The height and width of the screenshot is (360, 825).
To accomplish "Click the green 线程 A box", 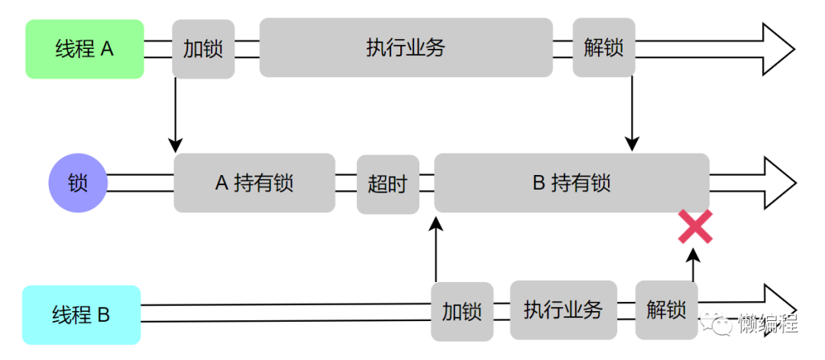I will (85, 50).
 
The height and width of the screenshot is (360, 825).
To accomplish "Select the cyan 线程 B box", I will (82, 314).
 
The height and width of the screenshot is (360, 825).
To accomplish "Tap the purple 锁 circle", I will (78, 183).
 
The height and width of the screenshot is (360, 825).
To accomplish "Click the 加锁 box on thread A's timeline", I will (203, 49).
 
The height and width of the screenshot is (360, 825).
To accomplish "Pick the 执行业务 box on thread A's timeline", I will (406, 47).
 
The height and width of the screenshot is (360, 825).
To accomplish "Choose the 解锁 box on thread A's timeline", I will (603, 48).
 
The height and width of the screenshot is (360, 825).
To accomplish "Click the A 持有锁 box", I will (254, 183).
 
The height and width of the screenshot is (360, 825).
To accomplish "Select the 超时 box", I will (388, 184).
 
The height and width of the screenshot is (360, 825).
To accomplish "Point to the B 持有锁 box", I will (571, 183).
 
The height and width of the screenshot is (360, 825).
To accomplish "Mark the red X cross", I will (695, 227).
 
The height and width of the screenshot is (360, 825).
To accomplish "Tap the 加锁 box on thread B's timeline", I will (461, 311).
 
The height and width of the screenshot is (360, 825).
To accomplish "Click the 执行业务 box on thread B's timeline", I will (563, 310).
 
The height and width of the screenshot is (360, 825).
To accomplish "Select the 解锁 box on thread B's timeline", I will (665, 310).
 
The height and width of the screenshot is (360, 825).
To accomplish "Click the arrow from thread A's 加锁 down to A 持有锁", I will (176, 115).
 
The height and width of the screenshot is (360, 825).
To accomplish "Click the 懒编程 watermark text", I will (767, 324).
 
